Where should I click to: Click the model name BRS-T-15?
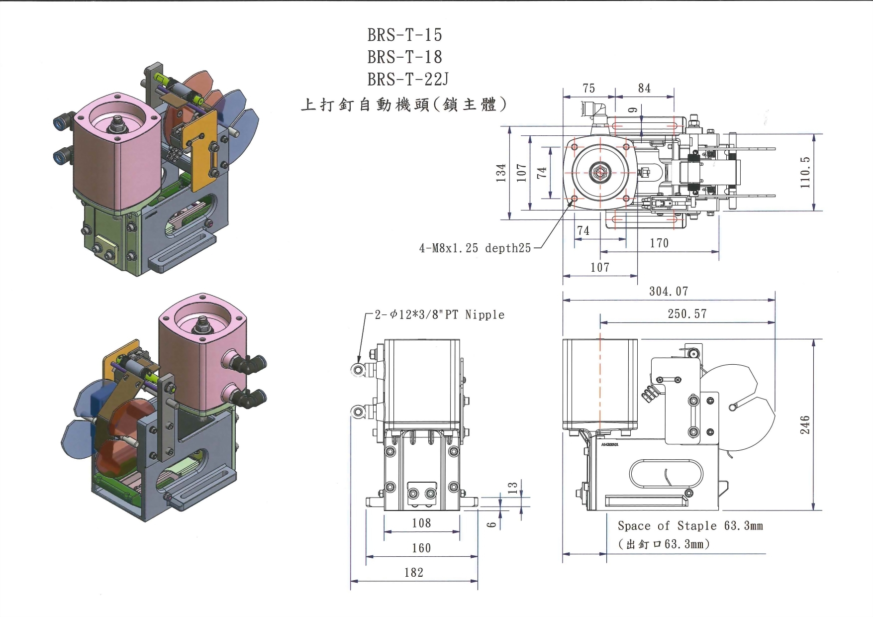pos(404,35)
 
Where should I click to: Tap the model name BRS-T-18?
pos(404,57)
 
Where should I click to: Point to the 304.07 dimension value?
pos(669,292)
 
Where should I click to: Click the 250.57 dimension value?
pos(687,314)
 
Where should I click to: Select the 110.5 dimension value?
pos(805,173)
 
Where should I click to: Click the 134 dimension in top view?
pos(501,173)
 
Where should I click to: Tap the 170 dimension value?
pos(659,243)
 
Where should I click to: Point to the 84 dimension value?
pos(644,89)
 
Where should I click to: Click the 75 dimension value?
pos(588,89)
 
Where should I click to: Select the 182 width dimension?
pos(413,573)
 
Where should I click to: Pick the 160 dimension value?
pos(421,548)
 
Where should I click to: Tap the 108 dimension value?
pos(421,523)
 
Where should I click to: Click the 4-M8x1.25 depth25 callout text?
pos(475,248)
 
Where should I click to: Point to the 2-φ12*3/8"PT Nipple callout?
pos(440,315)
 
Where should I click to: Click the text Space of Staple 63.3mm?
pos(690,526)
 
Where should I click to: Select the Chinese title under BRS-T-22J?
pos(404,104)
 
